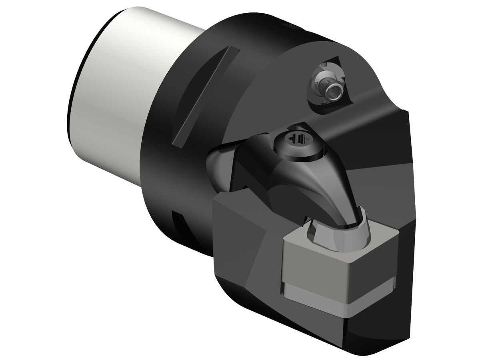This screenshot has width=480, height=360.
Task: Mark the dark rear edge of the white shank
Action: click(x=76, y=100)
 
